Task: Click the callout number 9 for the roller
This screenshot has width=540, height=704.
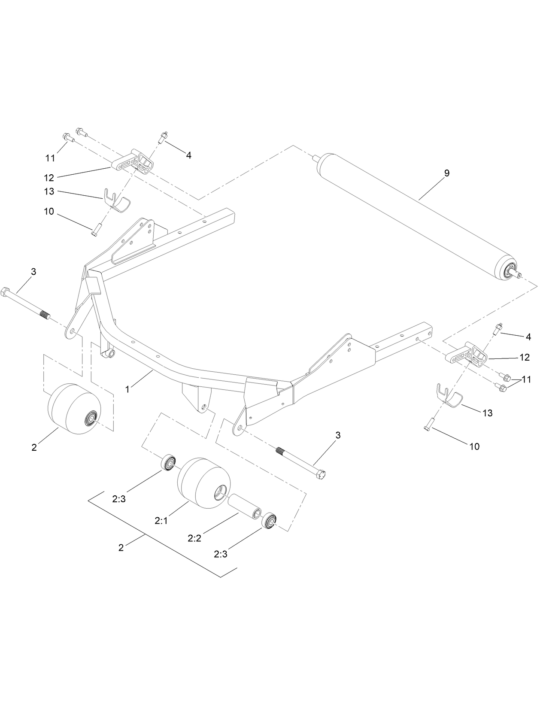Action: pos(446,173)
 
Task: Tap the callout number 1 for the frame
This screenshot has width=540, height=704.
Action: pos(127,389)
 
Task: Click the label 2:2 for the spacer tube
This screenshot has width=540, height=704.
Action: pos(194,538)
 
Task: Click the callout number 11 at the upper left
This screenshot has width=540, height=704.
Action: pos(50,158)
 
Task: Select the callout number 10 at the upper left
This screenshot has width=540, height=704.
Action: pos(49,212)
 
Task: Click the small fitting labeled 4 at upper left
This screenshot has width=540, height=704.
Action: pos(164,138)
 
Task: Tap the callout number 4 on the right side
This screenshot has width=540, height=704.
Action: pos(528,337)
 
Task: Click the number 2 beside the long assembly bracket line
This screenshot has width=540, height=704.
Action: pos(121,548)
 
